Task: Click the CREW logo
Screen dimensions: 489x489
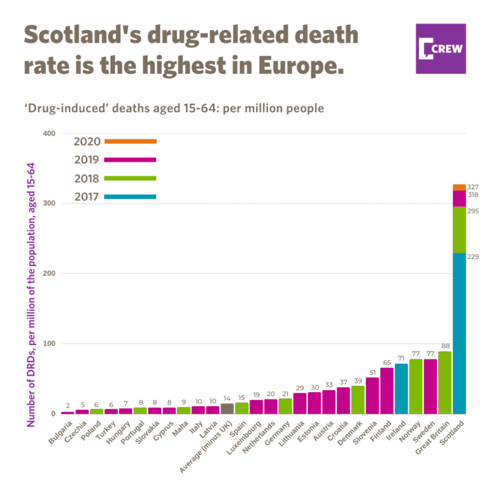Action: pos(441,48)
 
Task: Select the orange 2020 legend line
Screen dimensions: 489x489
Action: pos(130,141)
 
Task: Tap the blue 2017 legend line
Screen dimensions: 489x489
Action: pos(130,197)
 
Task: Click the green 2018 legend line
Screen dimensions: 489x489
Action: pos(130,178)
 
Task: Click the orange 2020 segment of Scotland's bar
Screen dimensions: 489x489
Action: pos(459,187)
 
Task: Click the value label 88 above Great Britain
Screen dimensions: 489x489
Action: pos(445,346)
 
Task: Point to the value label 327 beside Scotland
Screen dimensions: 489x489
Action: pos(472,187)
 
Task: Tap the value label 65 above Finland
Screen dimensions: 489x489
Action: pos(386,362)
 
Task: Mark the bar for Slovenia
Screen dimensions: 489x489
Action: pos(372,395)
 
